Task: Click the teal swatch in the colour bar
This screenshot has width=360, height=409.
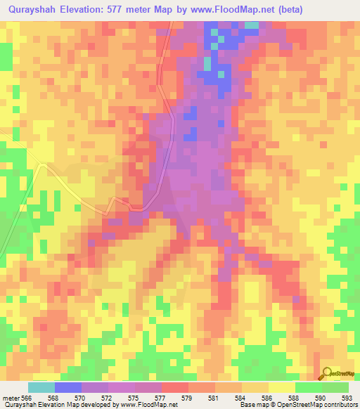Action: point(41,387)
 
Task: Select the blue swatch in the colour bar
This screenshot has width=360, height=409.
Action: point(68,387)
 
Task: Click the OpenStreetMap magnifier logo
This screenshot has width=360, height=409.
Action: point(326,373)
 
